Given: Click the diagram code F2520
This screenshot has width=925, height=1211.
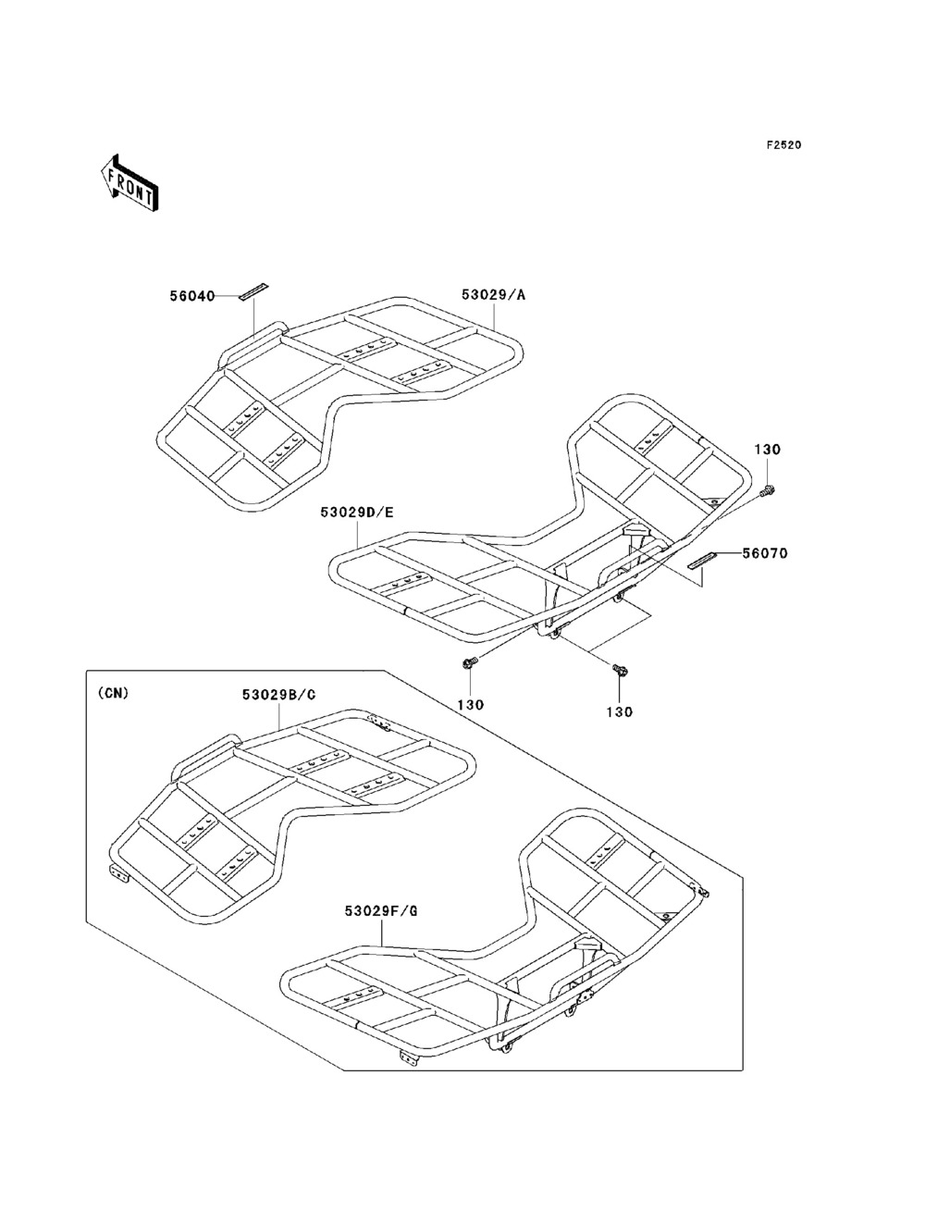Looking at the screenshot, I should [x=783, y=145].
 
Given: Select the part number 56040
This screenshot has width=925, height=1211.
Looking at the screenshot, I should [x=191, y=296].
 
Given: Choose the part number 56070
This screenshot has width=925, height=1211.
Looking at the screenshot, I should [x=764, y=554].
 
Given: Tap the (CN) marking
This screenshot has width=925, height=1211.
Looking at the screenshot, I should [x=113, y=691].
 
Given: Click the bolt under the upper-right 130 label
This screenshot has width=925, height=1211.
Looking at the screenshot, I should [x=769, y=490].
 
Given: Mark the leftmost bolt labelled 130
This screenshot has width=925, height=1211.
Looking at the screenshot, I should [x=470, y=662].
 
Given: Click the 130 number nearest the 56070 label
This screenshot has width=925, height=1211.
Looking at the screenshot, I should [x=768, y=450].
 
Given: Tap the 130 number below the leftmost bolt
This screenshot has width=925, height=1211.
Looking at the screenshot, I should [x=470, y=704].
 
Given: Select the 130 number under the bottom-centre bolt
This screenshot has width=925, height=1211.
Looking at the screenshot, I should [x=619, y=711].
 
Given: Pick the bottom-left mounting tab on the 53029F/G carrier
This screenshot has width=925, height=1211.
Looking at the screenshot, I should [x=408, y=1057].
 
